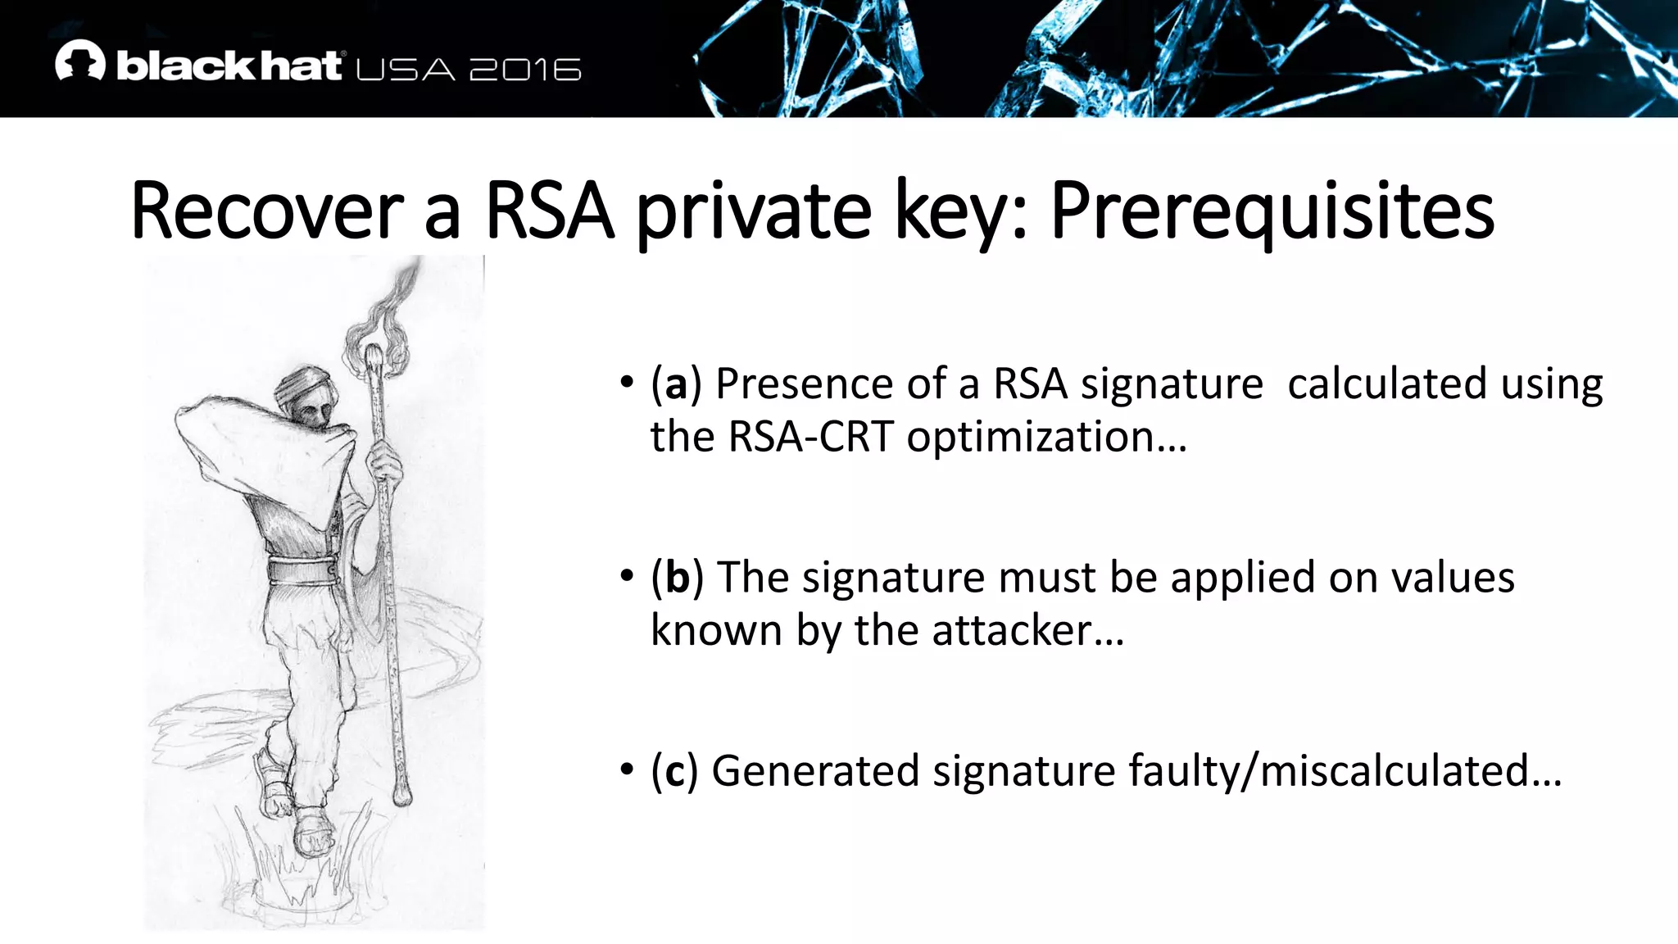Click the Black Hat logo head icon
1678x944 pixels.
pos(80,61)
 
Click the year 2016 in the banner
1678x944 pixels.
pos(525,70)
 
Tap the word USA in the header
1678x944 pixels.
pos(406,70)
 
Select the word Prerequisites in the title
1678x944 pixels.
pos(1272,211)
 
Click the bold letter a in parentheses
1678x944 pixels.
pos(676,384)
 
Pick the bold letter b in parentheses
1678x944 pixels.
pos(677,578)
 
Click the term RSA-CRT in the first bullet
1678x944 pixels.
pos(810,437)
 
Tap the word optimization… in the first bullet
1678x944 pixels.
pos(1046,437)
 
